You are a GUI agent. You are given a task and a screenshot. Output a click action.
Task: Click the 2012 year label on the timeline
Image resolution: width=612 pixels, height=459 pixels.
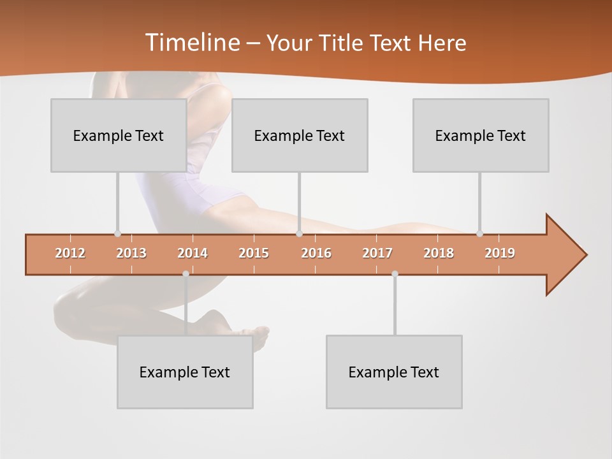click(x=70, y=253)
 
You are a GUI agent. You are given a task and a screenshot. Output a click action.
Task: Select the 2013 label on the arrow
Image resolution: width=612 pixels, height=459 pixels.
click(x=131, y=253)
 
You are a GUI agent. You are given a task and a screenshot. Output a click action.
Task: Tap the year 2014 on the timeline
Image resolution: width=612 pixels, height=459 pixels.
click(x=193, y=253)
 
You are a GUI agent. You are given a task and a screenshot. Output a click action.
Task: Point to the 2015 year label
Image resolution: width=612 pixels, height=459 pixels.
click(x=254, y=253)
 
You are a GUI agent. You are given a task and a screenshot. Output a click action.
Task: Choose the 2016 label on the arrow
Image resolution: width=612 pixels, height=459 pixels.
click(x=316, y=253)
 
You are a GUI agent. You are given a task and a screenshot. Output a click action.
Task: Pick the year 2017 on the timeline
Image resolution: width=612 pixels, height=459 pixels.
click(x=377, y=253)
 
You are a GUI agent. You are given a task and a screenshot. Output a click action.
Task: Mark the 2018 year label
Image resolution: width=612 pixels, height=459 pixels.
click(x=439, y=253)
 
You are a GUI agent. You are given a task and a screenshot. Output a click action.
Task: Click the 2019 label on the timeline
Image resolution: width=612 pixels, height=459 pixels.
click(x=500, y=253)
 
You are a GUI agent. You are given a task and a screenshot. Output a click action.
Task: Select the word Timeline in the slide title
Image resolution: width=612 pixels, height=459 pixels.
click(x=191, y=43)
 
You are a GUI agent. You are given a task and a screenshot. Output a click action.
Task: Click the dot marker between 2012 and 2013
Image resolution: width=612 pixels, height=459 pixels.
click(x=117, y=233)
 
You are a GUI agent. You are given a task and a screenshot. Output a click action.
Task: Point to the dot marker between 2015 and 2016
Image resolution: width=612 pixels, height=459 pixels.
click(x=299, y=233)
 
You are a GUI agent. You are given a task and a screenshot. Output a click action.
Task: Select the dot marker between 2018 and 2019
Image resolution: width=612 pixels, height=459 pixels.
click(x=480, y=233)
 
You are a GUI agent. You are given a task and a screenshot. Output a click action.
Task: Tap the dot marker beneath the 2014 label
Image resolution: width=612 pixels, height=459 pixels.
click(x=186, y=273)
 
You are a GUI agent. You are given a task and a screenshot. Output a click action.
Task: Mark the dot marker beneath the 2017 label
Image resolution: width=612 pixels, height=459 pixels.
click(x=395, y=273)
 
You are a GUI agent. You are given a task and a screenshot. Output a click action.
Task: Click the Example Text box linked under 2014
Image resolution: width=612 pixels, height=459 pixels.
click(x=185, y=372)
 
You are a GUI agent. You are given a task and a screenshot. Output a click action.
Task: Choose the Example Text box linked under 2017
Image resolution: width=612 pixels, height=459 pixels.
click(x=394, y=372)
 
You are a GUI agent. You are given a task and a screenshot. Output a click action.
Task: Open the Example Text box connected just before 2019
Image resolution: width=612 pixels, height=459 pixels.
click(x=481, y=136)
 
